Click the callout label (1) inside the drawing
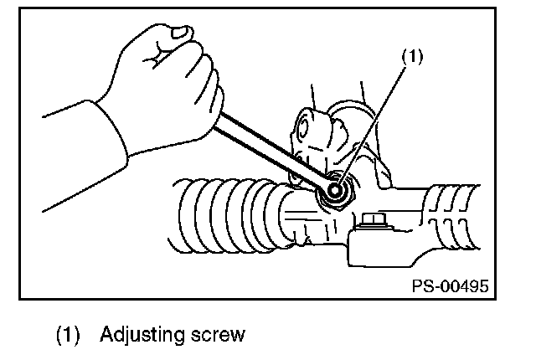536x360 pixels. click(412, 56)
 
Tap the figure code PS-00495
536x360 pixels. click(451, 285)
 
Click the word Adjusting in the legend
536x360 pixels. click(142, 335)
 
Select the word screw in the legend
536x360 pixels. click(218, 335)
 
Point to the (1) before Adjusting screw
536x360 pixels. click(68, 335)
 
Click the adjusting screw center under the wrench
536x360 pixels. click(335, 189)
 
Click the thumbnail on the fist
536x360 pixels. click(181, 32)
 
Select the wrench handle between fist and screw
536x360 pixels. click(270, 148)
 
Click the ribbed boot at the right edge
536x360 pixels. click(452, 217)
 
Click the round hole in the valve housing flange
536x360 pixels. click(302, 127)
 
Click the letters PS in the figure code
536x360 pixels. click(423, 285)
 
